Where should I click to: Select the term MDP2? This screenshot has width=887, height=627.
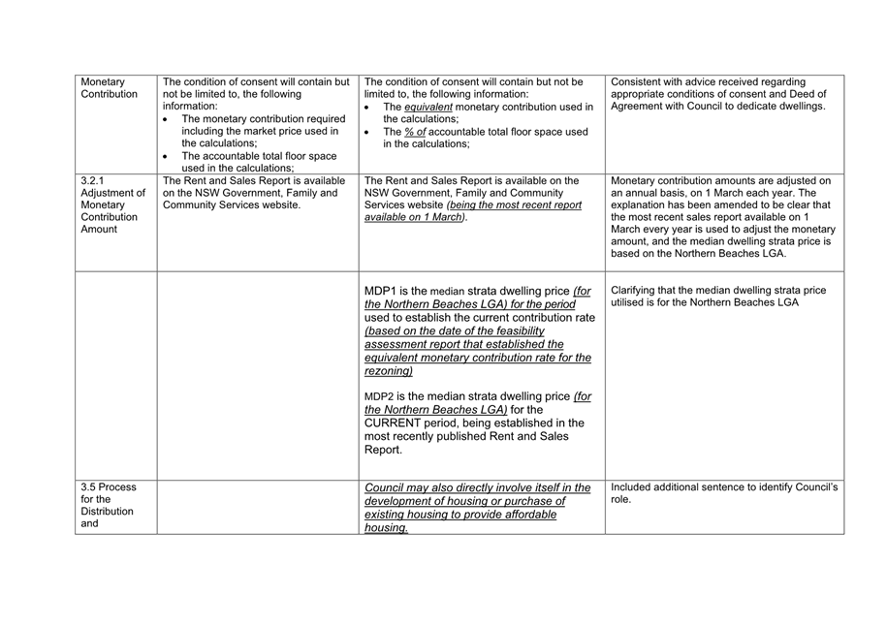coord(379,395)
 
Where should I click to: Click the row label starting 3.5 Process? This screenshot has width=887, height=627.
coord(109,486)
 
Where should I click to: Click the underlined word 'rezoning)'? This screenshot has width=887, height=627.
coord(389,371)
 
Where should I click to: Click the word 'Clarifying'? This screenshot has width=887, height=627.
coord(640,290)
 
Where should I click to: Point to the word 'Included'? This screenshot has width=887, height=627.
coord(637,486)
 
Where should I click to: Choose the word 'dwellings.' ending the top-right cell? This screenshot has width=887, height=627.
coord(796,107)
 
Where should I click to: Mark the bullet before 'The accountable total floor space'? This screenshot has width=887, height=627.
coord(167,156)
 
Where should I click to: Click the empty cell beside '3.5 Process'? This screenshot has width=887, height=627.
coord(256,506)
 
